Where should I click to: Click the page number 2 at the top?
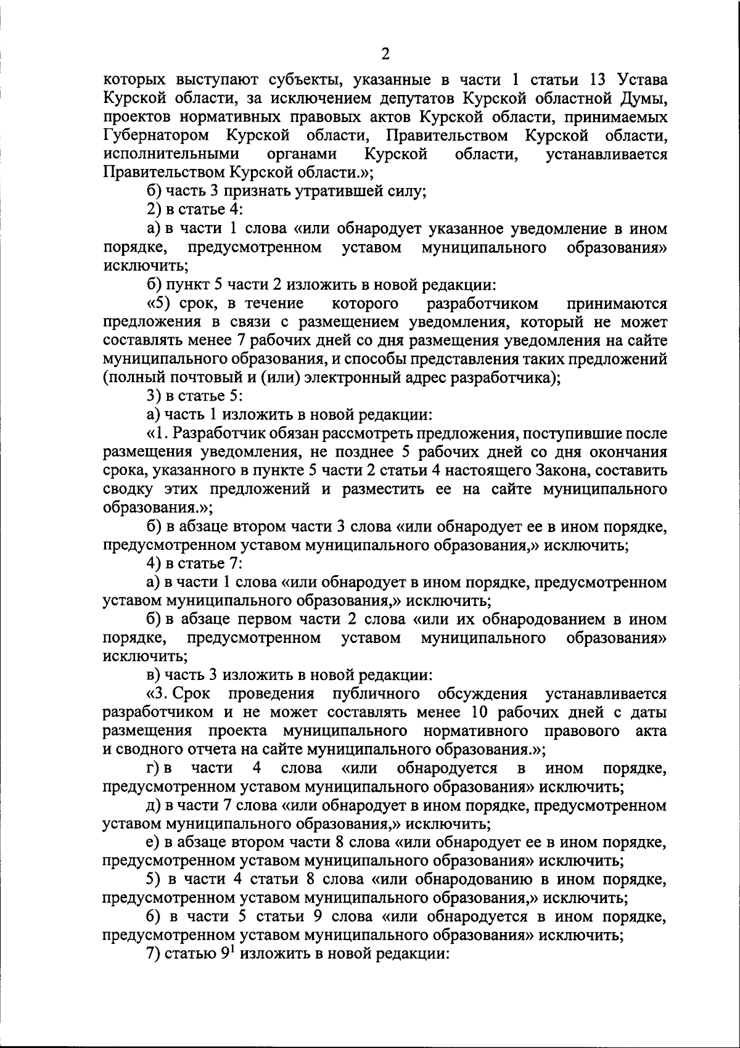click(385, 55)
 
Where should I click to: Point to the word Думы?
click(644, 98)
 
